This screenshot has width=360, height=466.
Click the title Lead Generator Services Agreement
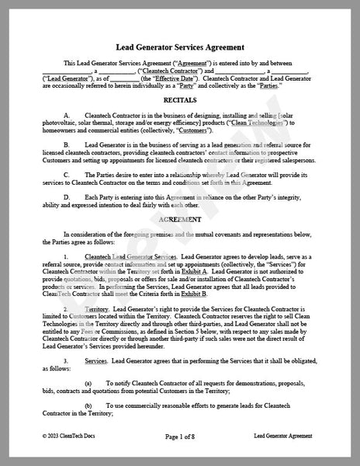pos(180,47)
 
